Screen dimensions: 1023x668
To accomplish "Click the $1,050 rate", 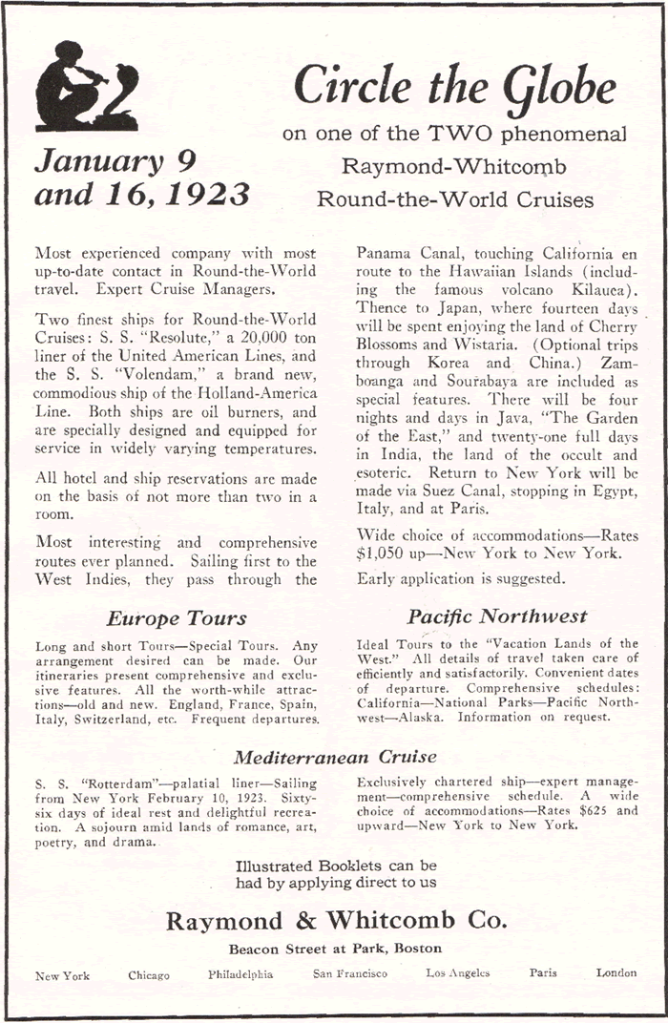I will pos(384,552).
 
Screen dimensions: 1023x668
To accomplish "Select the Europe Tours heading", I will pos(177,617).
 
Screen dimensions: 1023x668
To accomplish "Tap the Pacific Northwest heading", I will pos(497,616).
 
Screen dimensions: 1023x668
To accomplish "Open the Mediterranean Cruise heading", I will pos(335,758).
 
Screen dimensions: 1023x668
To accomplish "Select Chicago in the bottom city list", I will pos(149,975).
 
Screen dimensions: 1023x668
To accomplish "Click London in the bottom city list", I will pos(616,972).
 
